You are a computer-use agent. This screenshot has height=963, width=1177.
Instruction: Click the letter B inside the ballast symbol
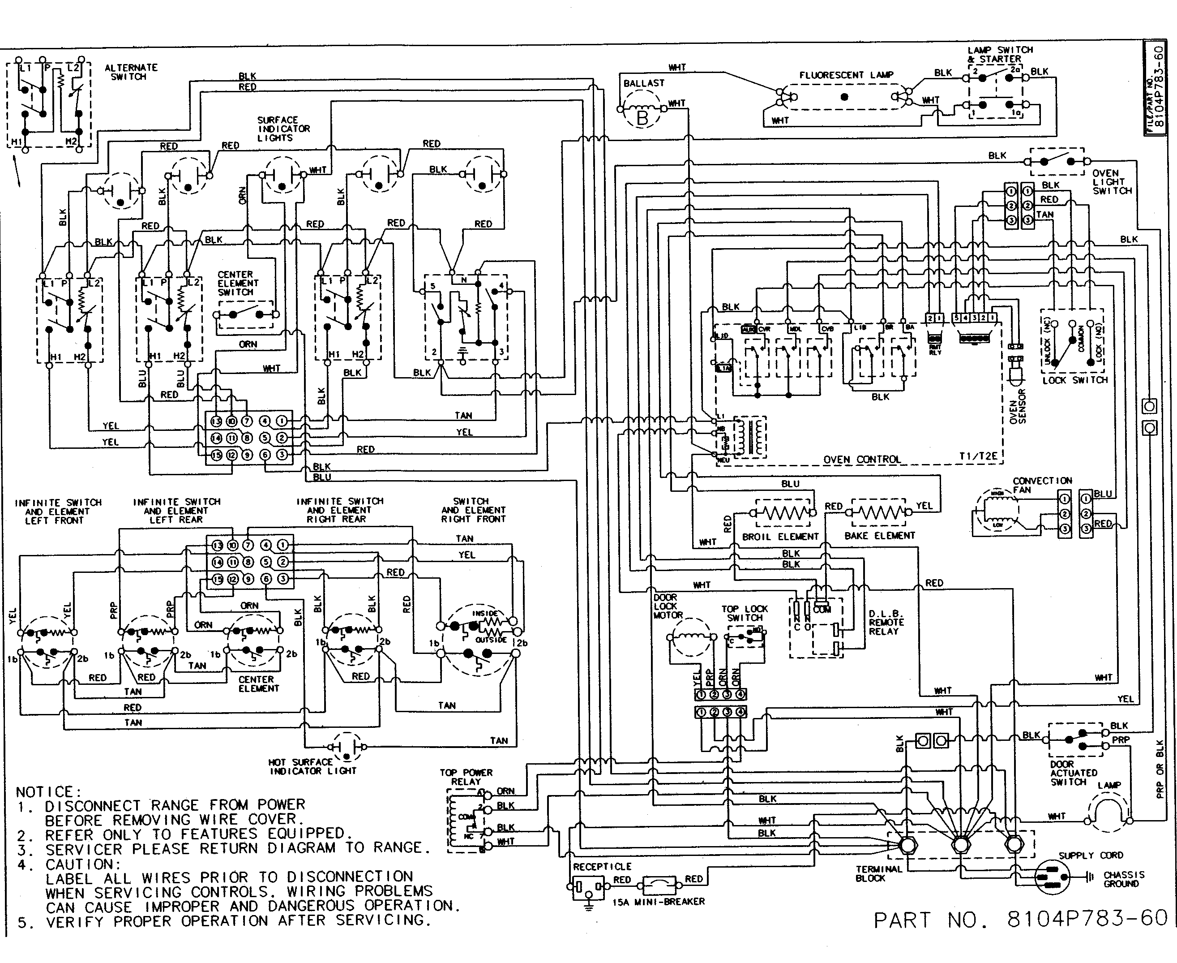(642, 118)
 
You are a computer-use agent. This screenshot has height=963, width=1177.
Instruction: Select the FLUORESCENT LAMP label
(846, 75)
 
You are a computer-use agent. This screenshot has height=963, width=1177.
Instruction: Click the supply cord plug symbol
(1052, 877)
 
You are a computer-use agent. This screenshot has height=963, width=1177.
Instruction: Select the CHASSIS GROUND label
(1123, 879)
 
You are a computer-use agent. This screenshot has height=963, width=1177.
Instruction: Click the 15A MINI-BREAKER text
(658, 902)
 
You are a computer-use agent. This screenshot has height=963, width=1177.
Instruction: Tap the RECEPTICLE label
(602, 867)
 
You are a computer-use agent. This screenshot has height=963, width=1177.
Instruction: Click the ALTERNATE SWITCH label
(131, 72)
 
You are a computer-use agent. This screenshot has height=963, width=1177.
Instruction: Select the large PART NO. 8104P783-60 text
(1021, 920)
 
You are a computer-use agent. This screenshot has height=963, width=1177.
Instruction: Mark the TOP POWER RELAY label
(466, 777)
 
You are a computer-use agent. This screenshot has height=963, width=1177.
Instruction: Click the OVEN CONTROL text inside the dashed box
(861, 459)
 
